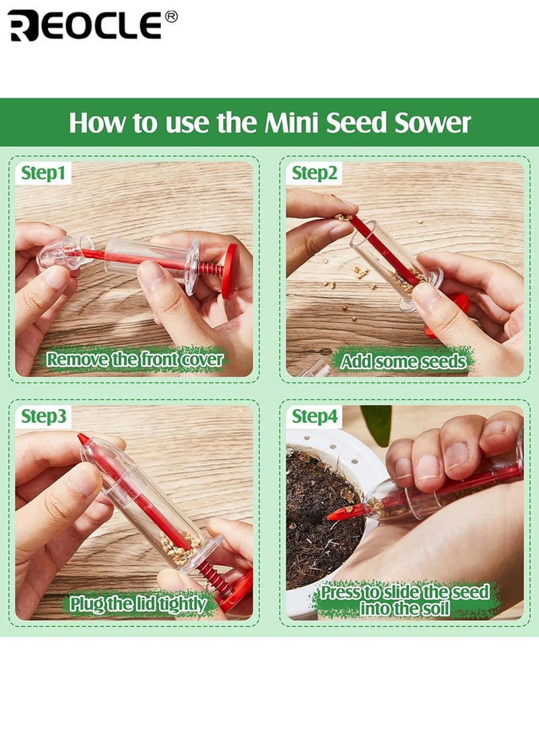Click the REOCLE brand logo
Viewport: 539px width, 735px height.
pos(84,26)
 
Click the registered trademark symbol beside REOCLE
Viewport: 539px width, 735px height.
pos(171,17)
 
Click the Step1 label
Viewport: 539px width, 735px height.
pos(43,173)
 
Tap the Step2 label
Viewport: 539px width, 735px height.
pos(314,173)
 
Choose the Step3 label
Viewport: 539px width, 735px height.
pos(44,416)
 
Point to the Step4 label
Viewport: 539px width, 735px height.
pos(314,417)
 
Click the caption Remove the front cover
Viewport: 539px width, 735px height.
pos(134,359)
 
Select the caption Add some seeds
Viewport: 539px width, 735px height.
pos(403,361)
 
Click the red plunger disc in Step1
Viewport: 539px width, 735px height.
pos(229,271)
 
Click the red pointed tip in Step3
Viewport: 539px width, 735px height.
pos(84,440)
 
